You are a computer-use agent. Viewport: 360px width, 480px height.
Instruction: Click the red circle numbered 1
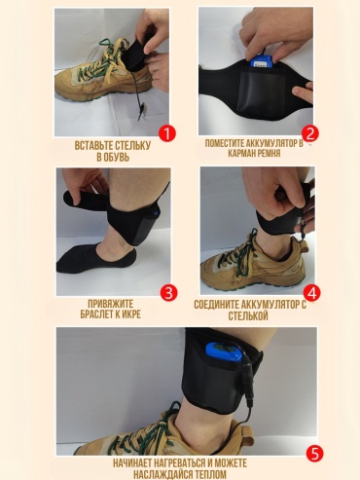point(167,133)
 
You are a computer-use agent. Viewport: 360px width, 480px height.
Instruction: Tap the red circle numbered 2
point(310,133)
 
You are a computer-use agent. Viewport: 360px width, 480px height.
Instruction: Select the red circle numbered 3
point(169,293)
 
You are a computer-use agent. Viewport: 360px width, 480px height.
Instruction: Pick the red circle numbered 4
point(311,293)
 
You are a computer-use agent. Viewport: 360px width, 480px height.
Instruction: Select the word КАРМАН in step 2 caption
point(242,153)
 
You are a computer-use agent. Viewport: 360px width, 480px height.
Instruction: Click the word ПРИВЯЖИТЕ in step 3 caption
point(111,304)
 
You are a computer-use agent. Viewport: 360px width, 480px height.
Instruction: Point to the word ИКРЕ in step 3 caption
point(131,314)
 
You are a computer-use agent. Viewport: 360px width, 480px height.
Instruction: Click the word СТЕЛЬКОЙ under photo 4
point(248,316)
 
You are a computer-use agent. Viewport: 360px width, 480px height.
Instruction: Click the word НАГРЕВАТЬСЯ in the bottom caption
point(172,462)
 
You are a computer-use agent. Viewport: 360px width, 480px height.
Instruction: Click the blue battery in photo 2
point(260,62)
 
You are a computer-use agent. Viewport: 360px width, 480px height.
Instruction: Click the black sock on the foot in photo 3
point(96,259)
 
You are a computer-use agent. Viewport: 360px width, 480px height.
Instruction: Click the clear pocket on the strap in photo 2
point(257,90)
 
